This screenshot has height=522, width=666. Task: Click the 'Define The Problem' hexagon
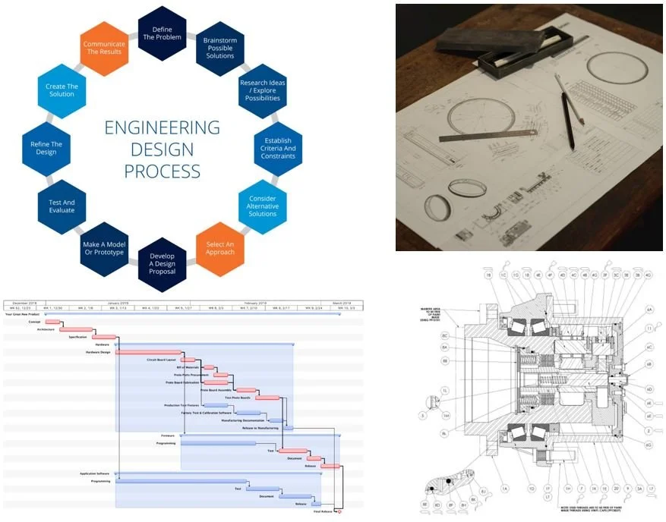[163, 32]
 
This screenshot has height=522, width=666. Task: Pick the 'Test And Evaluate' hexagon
[62, 206]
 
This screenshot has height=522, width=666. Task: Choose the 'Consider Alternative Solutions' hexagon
[263, 206]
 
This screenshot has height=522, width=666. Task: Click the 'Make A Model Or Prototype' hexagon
[105, 247]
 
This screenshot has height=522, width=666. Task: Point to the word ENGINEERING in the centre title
[162, 127]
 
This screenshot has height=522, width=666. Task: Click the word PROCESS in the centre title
[162, 171]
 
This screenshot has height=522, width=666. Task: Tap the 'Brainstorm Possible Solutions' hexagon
[219, 47]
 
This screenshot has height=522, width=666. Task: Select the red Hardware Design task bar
[149, 352]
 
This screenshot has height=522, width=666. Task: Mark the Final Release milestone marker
[338, 511]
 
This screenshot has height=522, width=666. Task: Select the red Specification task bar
[104, 337]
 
